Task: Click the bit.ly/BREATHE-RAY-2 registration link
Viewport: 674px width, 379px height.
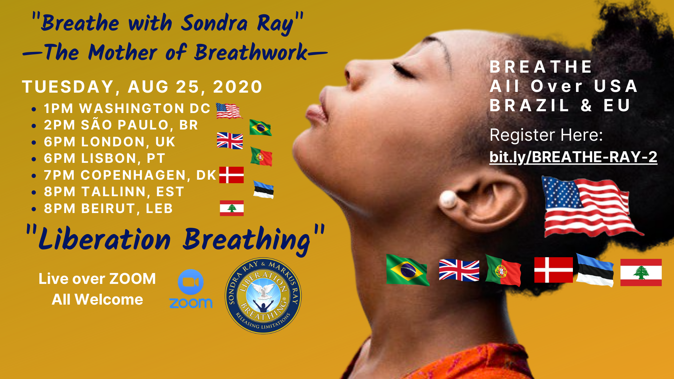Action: [573, 157]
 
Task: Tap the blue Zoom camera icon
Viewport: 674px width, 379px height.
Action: [191, 282]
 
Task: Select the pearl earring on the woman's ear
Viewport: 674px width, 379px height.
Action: [448, 199]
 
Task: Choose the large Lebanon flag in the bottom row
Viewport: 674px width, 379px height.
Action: [641, 272]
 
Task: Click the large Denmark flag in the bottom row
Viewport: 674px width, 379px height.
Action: [554, 270]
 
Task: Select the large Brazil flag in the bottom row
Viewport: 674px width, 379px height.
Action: [407, 270]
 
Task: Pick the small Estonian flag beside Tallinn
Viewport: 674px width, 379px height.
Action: [263, 189]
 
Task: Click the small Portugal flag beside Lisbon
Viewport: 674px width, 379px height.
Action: [261, 157]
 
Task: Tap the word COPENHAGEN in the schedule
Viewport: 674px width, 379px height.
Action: [133, 175]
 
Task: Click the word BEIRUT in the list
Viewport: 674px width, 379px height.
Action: [108, 208]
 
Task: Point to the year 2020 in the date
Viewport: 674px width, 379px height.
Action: [238, 87]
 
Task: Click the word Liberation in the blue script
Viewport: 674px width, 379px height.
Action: [104, 240]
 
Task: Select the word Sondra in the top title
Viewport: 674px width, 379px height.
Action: [214, 24]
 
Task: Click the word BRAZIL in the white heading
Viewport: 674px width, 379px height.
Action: [529, 105]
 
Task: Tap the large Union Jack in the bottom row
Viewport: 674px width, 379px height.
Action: [459, 270]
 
